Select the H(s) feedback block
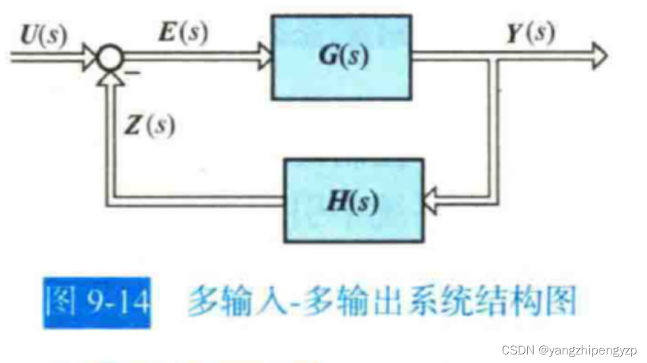click(352, 199)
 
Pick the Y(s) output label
click(530, 33)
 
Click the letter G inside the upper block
click(330, 57)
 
